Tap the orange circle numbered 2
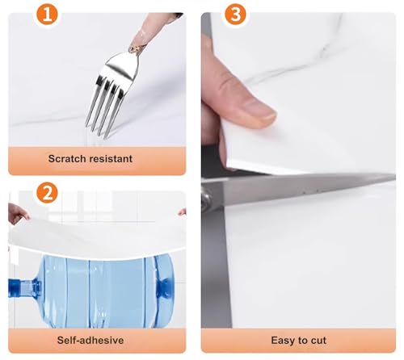point(47,193)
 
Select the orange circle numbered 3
point(235,15)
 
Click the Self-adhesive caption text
point(90,341)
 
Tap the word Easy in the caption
point(282,341)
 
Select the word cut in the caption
point(318,341)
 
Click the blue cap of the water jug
point(15,289)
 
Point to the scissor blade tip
point(394,178)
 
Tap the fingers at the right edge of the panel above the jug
point(183,212)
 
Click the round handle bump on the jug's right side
point(163,286)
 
